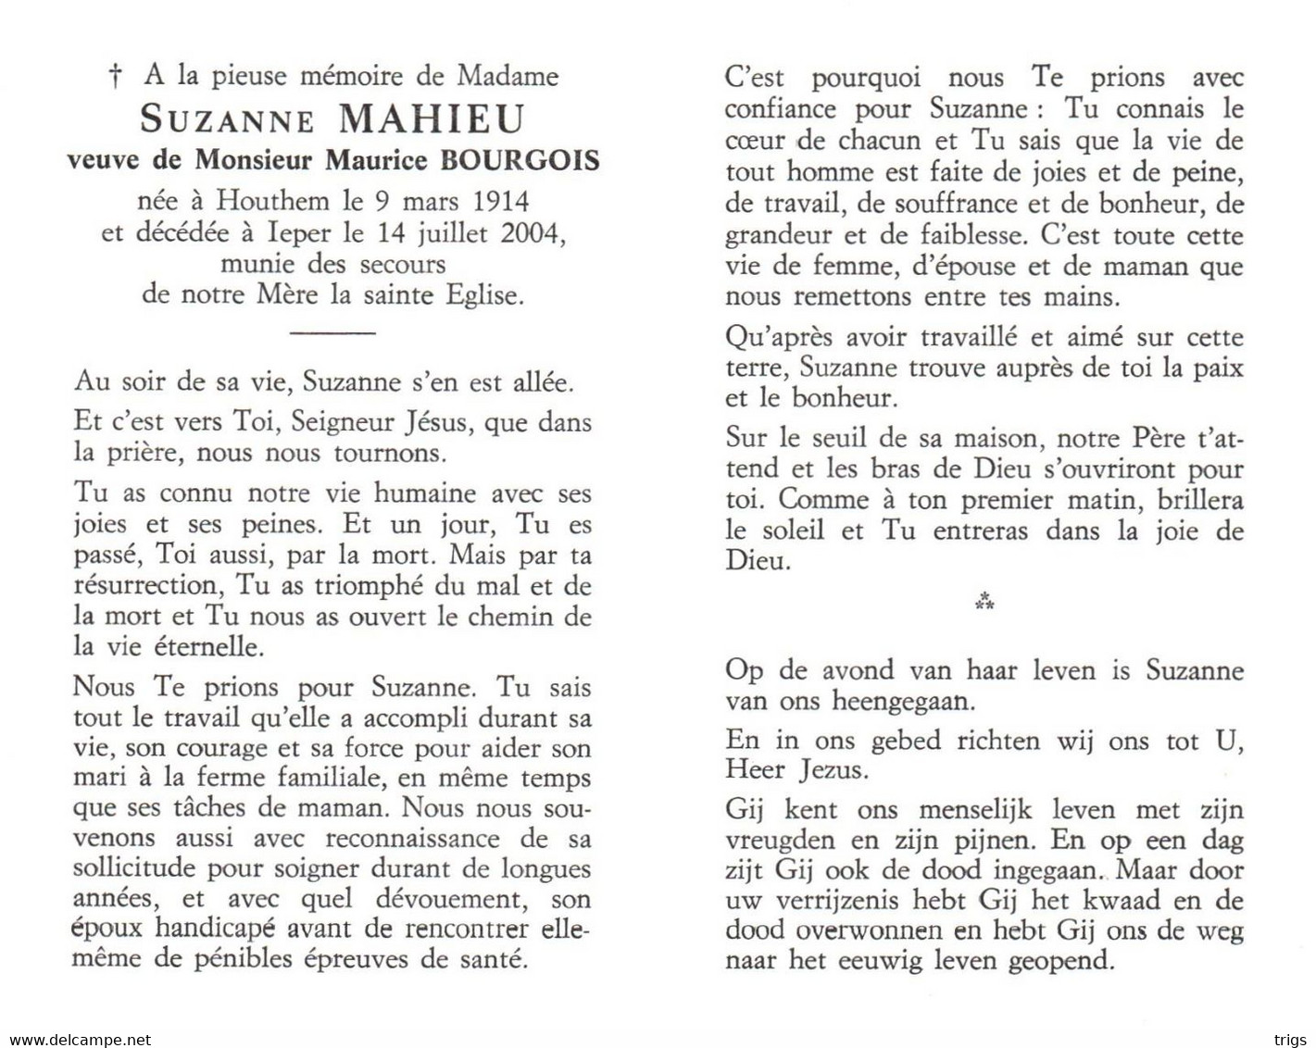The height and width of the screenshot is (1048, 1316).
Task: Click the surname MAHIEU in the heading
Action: coord(432,119)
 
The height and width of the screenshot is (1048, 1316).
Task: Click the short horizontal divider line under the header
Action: coord(332,331)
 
